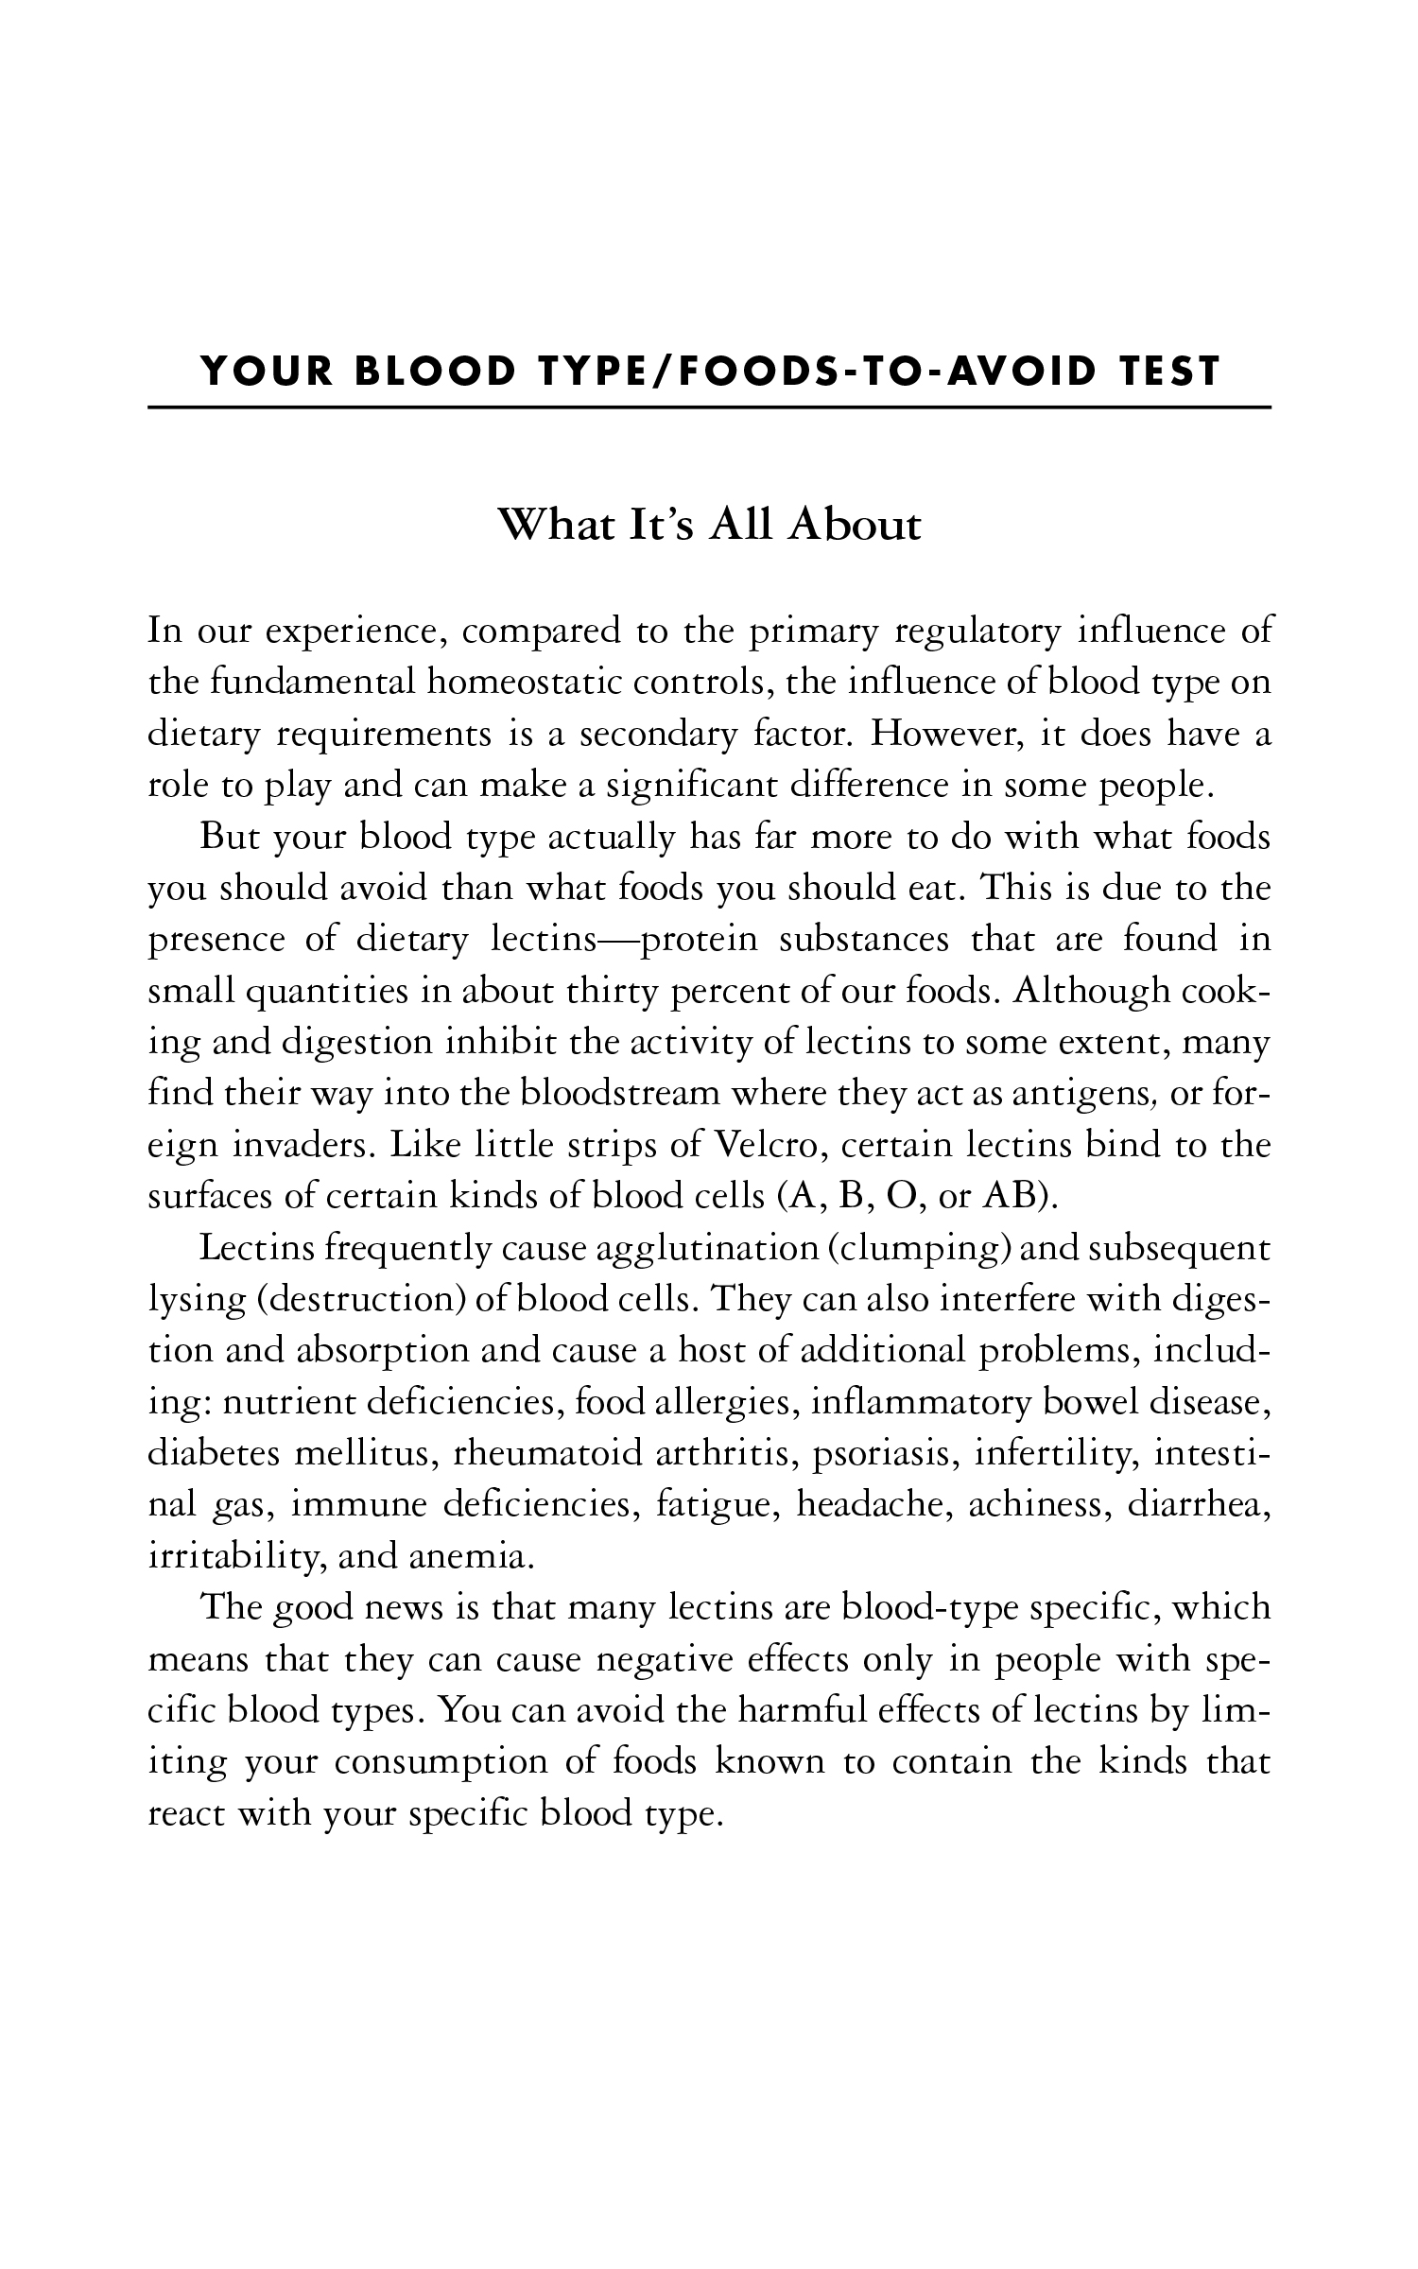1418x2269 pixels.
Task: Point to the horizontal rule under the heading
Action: pos(709,407)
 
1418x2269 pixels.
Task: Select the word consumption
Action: pos(441,1762)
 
